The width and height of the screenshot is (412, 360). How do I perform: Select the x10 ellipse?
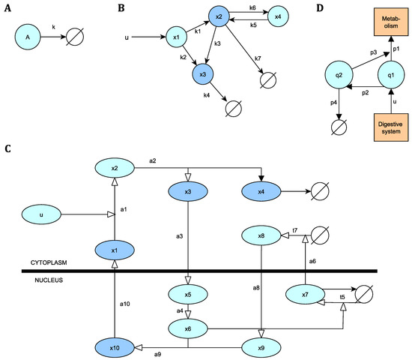point(115,348)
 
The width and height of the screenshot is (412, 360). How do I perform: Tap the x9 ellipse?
point(260,348)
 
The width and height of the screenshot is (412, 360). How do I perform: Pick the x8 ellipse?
point(260,237)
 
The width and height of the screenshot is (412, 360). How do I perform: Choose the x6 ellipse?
point(187,327)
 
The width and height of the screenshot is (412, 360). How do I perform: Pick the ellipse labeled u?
point(42,214)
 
